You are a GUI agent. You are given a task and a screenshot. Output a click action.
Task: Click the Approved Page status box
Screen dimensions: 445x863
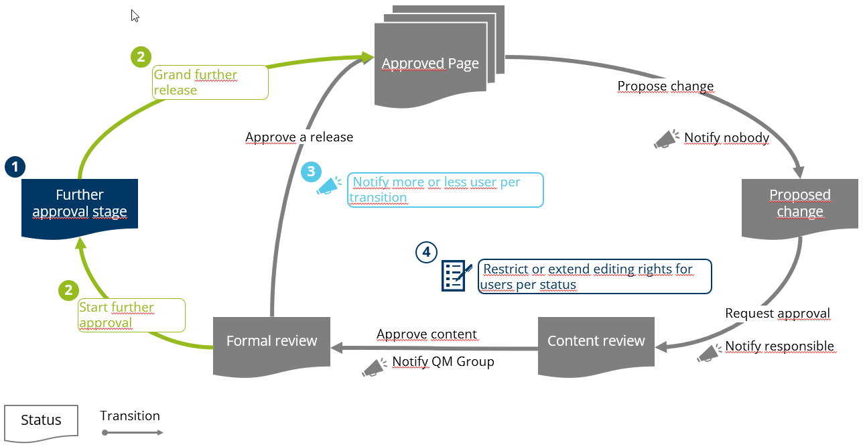[x=430, y=64]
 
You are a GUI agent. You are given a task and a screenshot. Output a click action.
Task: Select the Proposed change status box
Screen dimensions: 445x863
[x=799, y=204]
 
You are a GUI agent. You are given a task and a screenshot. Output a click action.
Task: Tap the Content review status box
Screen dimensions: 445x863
[x=596, y=341]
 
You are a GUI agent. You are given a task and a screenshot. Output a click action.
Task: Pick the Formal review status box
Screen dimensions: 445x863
[x=271, y=341]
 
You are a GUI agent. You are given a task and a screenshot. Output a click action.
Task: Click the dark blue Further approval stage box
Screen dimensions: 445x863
[x=80, y=204]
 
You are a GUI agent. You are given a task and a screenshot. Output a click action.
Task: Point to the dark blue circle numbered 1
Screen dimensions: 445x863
[x=15, y=167]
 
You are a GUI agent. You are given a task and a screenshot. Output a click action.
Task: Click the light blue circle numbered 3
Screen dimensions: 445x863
[x=311, y=172]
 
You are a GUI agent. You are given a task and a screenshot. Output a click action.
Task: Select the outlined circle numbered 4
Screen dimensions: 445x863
[x=426, y=253]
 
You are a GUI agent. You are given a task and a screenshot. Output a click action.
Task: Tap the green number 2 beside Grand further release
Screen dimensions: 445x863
[x=140, y=58]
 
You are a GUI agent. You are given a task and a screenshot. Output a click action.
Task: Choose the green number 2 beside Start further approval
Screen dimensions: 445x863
[x=68, y=290]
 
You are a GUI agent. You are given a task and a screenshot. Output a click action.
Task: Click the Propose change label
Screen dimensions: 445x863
[x=665, y=86]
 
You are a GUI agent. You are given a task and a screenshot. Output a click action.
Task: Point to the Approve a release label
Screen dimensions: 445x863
[x=299, y=137]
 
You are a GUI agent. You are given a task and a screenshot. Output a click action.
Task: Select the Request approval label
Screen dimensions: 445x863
[x=777, y=313]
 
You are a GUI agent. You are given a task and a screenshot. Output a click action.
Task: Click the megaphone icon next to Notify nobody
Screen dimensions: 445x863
[x=666, y=139]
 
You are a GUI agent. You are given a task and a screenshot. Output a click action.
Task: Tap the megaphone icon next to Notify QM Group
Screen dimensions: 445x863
[x=374, y=366]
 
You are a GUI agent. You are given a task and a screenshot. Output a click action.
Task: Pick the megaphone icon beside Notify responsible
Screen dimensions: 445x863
[x=708, y=353]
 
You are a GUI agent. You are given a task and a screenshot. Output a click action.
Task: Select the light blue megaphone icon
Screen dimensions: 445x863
[x=328, y=186]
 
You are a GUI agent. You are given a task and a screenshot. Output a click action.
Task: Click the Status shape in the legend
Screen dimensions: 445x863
[x=41, y=422]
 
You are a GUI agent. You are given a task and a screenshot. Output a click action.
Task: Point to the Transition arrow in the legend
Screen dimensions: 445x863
[x=132, y=432]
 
